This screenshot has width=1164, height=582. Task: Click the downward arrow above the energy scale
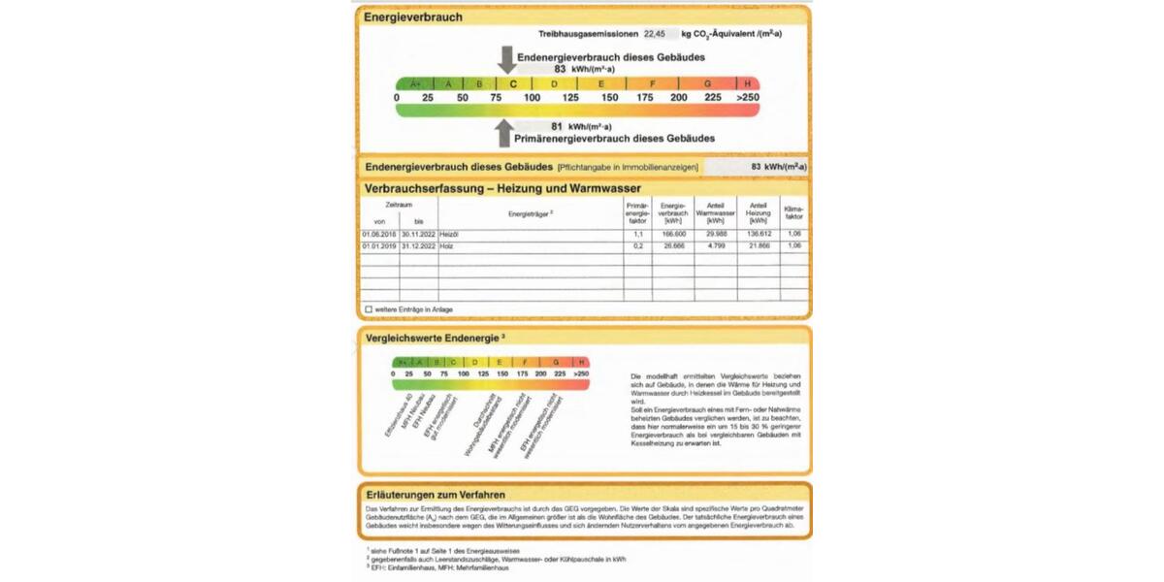506,59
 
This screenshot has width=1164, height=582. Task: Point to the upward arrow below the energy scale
503,132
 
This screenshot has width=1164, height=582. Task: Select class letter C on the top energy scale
513,83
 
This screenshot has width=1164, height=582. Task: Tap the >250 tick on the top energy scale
748,98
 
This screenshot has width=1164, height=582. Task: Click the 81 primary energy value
557,126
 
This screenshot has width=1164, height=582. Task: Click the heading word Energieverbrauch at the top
413,16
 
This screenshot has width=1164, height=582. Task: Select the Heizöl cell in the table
448,234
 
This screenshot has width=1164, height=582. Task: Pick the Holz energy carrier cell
446,246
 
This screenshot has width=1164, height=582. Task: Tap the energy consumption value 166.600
673,234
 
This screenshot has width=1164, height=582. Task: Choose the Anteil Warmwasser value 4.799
716,246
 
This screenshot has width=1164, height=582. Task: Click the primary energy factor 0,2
637,246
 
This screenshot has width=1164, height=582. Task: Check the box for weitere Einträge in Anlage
369,309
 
